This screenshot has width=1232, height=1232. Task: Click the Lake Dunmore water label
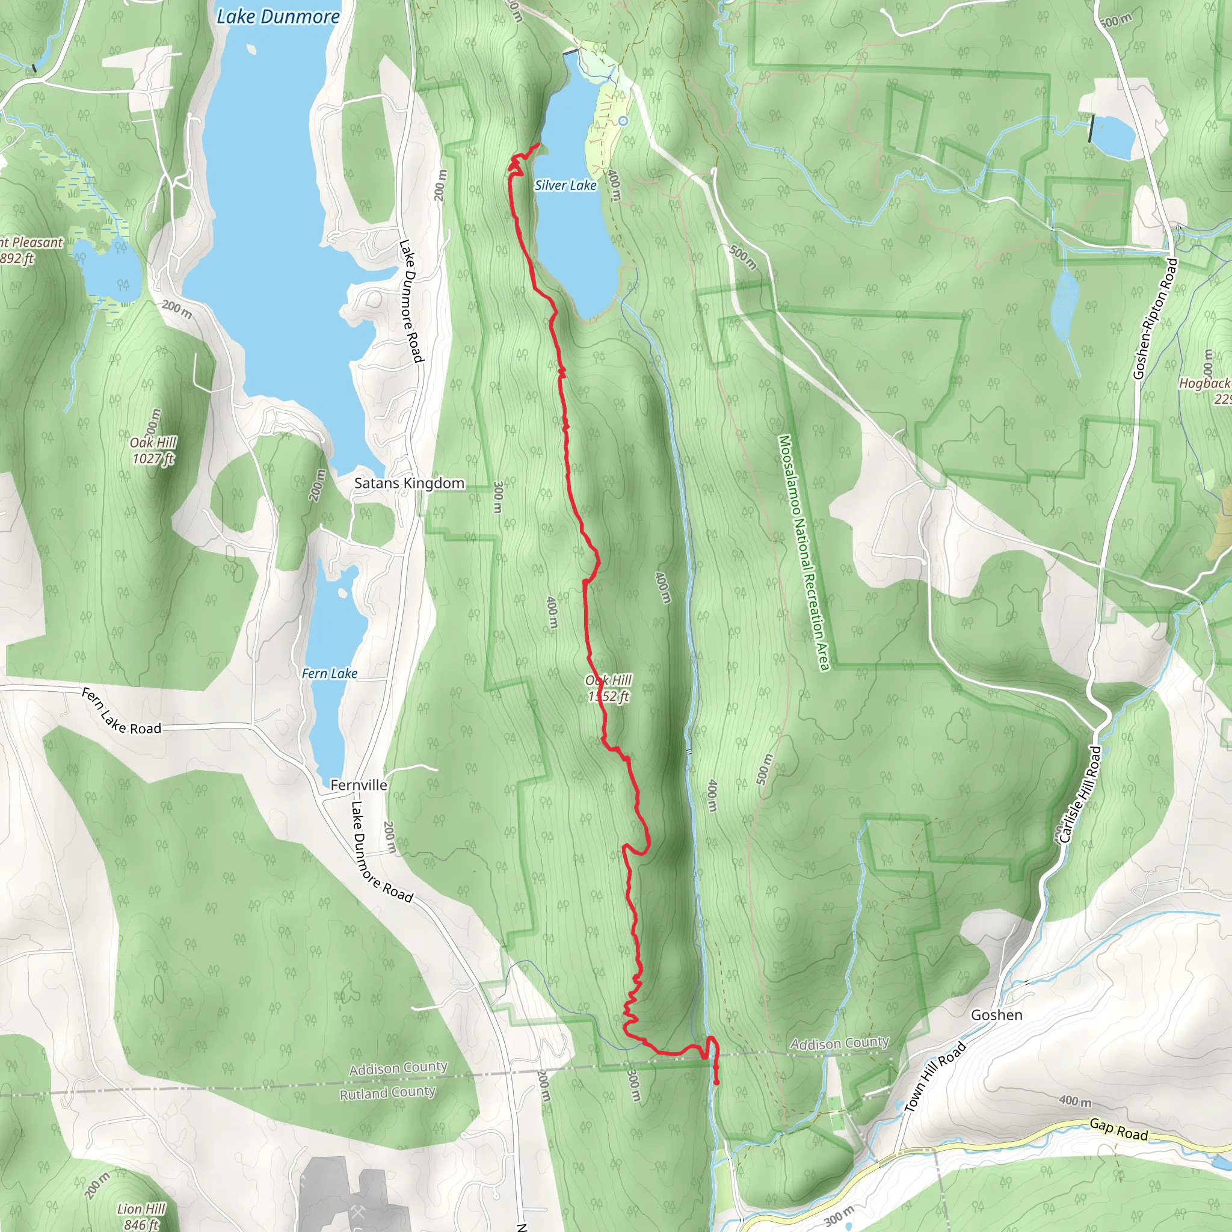point(278,17)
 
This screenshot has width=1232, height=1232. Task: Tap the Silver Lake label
point(565,185)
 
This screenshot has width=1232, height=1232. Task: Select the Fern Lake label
point(329,673)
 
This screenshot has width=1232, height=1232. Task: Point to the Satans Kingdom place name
point(408,484)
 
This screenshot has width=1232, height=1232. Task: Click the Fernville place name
point(359,785)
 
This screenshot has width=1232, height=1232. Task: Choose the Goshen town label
point(996,1015)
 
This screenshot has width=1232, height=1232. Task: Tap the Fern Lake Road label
point(121,712)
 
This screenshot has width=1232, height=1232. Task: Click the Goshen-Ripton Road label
point(1155,318)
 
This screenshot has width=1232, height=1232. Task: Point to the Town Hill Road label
point(935,1077)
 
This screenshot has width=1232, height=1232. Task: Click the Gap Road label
point(1118,1130)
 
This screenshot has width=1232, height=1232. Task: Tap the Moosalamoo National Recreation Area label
point(804,552)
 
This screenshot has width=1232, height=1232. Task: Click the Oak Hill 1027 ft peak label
point(153,450)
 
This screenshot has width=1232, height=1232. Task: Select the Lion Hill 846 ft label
point(141,1216)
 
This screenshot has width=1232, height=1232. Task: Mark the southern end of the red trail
point(716,1083)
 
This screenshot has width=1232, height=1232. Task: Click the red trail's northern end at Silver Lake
point(539,145)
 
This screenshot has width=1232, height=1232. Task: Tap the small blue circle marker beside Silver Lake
point(623,120)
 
